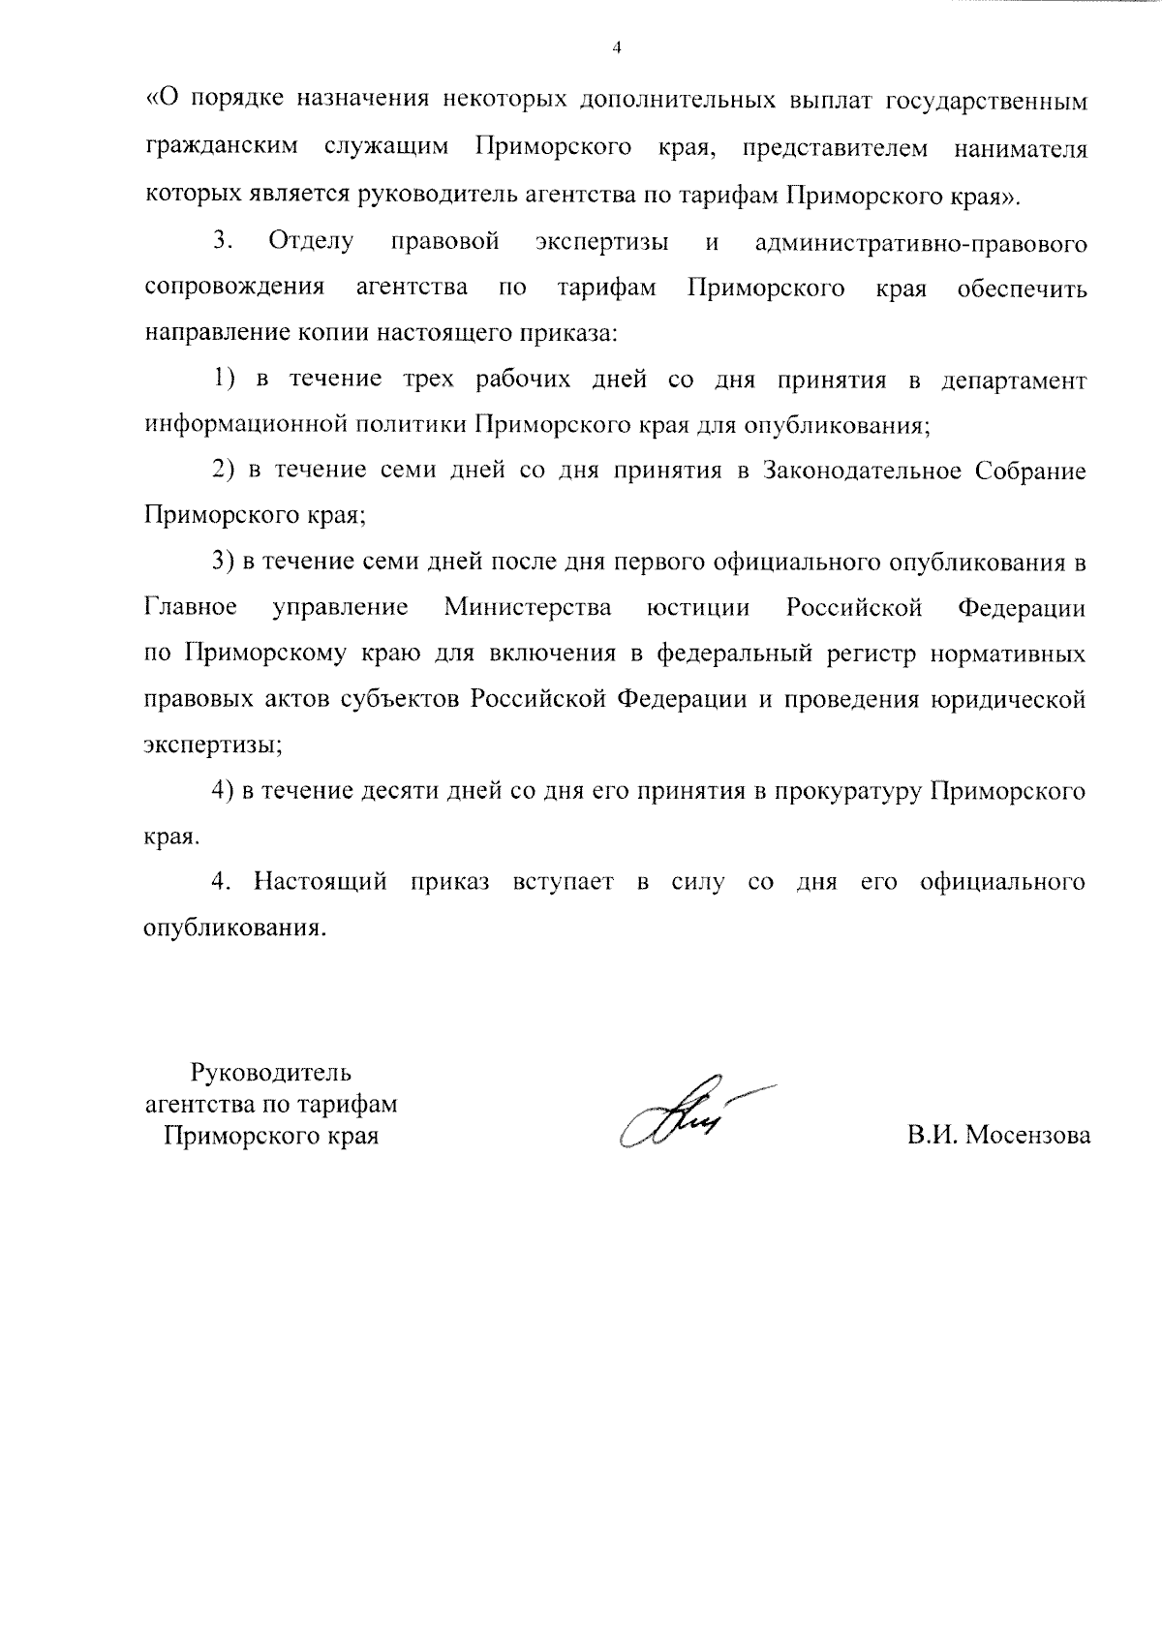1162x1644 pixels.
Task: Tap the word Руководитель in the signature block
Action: point(271,1073)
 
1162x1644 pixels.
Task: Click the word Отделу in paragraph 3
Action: point(311,242)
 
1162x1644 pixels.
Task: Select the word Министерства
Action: point(528,608)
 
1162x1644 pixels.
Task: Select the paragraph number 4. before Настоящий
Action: point(223,882)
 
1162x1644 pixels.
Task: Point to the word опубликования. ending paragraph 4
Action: point(233,928)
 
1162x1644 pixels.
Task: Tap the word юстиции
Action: point(698,608)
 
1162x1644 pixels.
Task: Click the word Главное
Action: point(191,608)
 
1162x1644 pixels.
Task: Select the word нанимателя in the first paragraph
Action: point(1020,150)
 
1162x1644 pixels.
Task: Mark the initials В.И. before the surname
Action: point(933,1135)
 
